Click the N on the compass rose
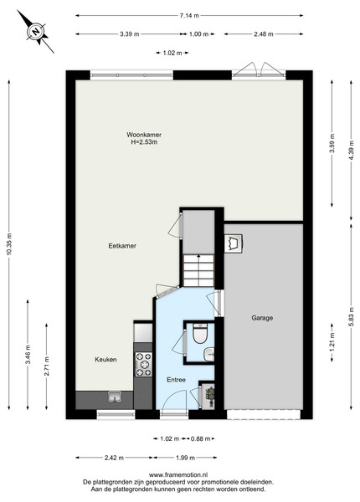click(x=36, y=32)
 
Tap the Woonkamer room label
click(x=144, y=135)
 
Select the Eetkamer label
click(x=122, y=246)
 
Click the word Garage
click(x=262, y=318)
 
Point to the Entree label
click(x=176, y=380)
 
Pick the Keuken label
click(x=105, y=360)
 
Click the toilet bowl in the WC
click(x=200, y=333)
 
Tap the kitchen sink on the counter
click(x=115, y=397)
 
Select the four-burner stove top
click(x=143, y=364)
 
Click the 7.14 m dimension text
click(x=189, y=15)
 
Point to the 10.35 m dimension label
click(x=9, y=244)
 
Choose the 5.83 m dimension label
click(x=352, y=317)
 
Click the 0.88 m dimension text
click(x=200, y=438)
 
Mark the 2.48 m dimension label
click(x=264, y=34)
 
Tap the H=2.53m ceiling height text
click(x=144, y=142)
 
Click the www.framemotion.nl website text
click(x=178, y=474)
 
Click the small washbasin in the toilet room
click(x=208, y=354)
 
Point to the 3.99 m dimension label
click(x=332, y=143)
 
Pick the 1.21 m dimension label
click(x=332, y=342)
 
